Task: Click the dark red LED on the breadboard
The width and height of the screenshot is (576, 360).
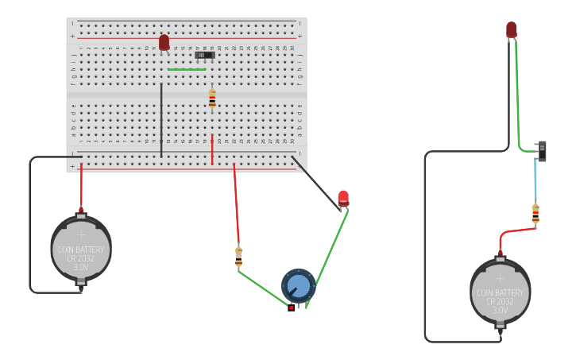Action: [x=164, y=42]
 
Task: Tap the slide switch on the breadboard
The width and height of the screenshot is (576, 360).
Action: [x=205, y=55]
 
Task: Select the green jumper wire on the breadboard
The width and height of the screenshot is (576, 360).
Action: [x=187, y=70]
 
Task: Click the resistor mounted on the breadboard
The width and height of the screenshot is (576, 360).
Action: [x=212, y=99]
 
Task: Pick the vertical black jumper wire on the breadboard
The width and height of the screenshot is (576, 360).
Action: [x=161, y=119]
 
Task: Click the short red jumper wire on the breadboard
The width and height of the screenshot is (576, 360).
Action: [x=212, y=149]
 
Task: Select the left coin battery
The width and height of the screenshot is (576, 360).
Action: [x=81, y=249]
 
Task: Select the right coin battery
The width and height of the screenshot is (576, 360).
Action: [x=500, y=292]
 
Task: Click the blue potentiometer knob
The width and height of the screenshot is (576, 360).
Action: [x=299, y=285]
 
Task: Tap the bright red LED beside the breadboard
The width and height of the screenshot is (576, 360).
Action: [x=343, y=197]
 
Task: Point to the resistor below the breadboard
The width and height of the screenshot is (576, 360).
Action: [x=238, y=256]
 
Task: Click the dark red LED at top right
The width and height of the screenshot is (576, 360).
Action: [x=511, y=29]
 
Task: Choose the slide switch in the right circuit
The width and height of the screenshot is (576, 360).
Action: [x=543, y=151]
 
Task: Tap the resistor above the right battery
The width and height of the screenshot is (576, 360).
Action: [x=535, y=214]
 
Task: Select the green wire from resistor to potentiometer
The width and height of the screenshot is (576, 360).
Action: [x=263, y=288]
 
